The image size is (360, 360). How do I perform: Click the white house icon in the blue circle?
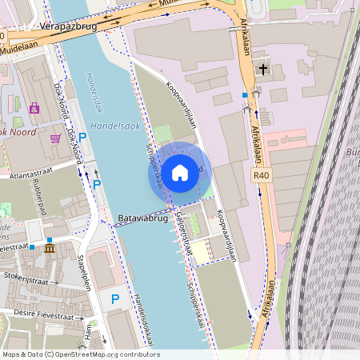click(179, 172)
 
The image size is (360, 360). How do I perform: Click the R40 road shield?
click(261, 175)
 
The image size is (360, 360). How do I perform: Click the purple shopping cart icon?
click(55, 138)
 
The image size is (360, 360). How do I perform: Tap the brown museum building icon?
click(50, 250)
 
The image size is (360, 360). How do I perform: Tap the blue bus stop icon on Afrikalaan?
click(245, 96)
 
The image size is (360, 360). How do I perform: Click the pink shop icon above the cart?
click(34, 107)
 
